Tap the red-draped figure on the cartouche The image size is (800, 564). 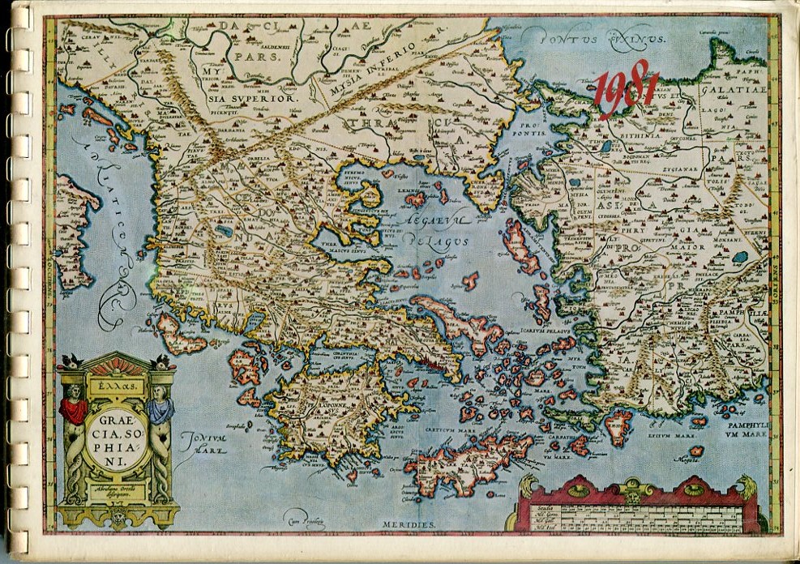coord(75,405)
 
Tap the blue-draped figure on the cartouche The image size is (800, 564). coord(160,405)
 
